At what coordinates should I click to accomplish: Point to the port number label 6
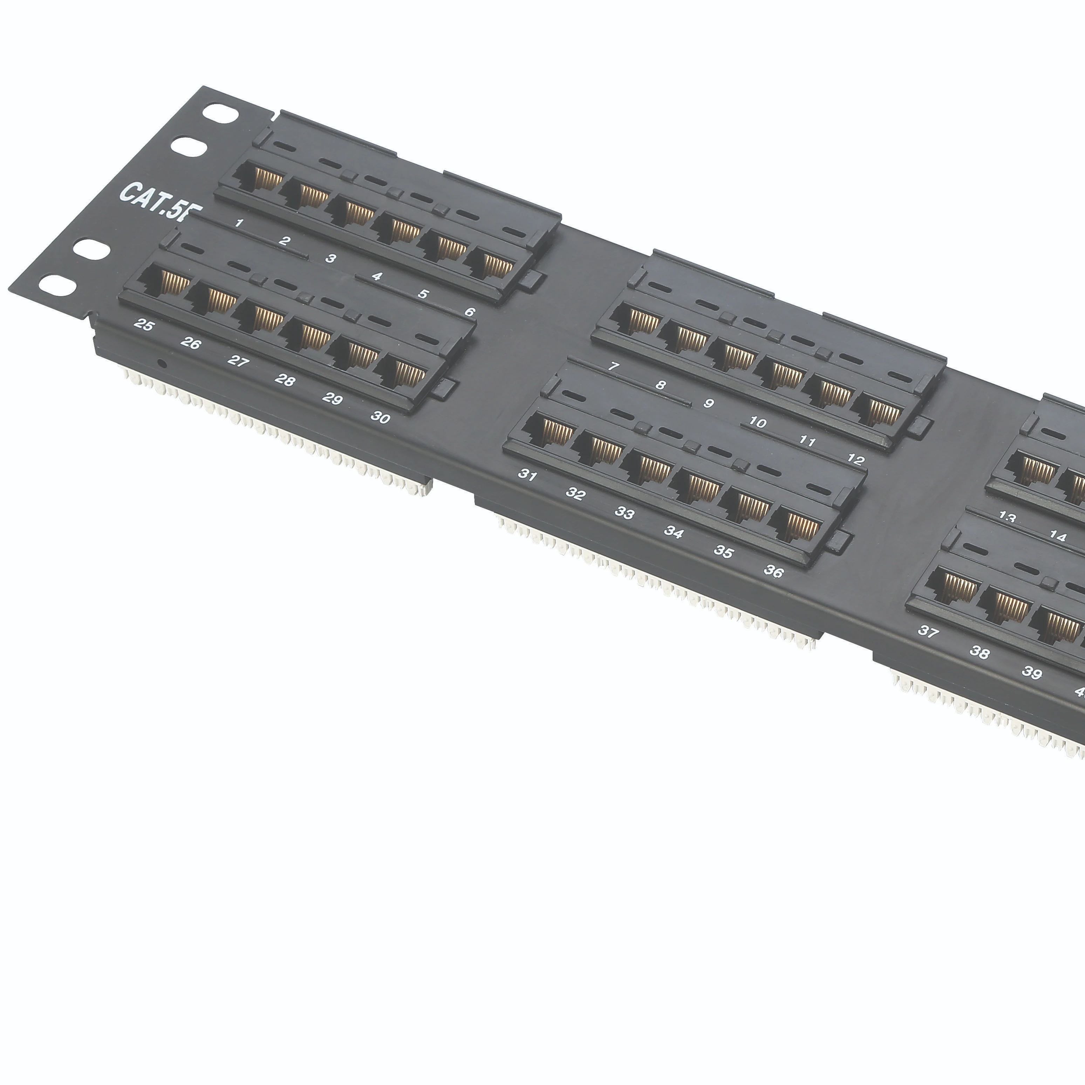[470, 312]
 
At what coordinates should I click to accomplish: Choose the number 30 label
[380, 417]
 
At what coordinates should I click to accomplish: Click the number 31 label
[527, 475]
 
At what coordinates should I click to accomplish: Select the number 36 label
[773, 571]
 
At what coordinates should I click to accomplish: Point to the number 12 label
[855, 460]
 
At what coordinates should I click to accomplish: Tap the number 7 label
[614, 366]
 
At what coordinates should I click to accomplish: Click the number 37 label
[928, 632]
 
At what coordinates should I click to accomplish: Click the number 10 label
[758, 422]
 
